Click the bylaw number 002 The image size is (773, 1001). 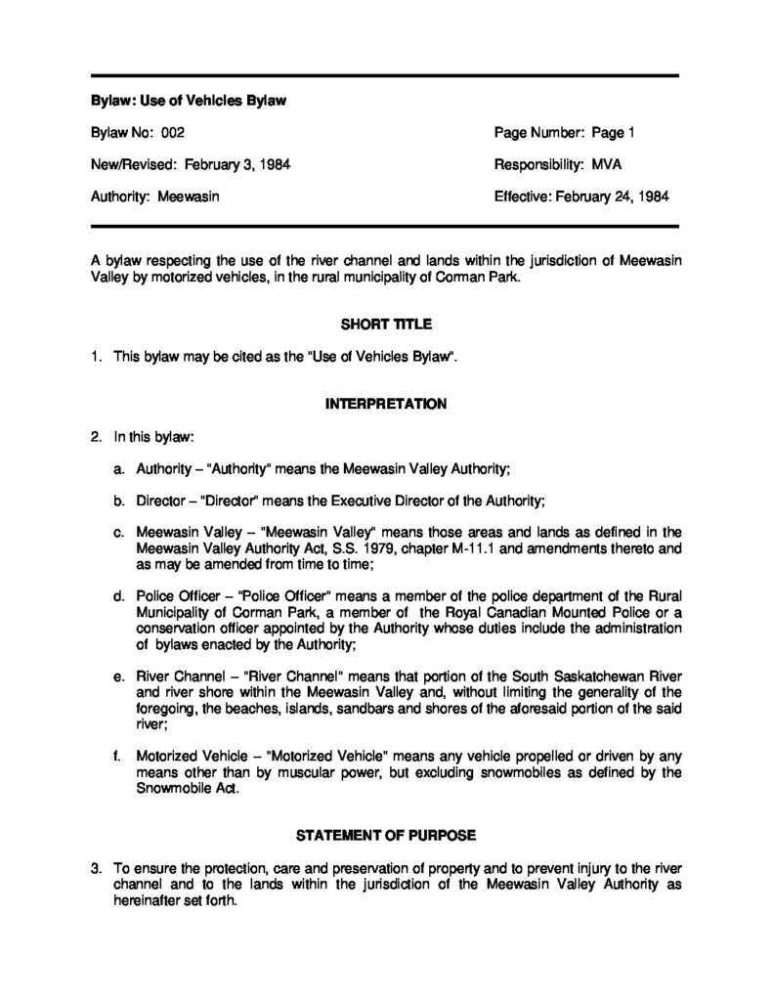172,132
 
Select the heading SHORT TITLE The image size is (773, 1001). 385,324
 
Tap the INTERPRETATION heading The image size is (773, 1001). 385,403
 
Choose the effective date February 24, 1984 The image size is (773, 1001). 612,196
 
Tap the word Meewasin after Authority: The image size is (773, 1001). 189,196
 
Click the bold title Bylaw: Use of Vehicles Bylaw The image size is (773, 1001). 188,101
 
